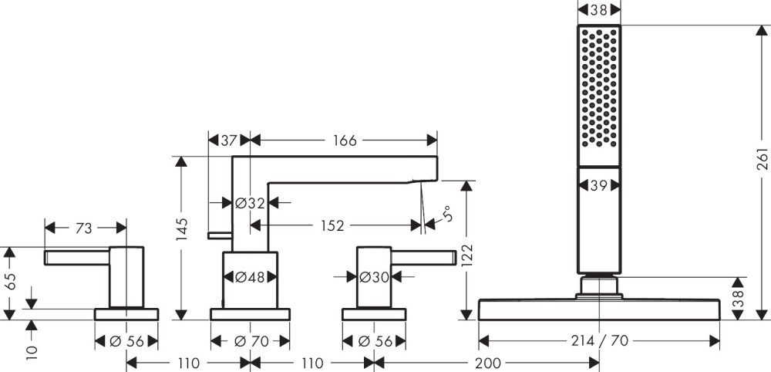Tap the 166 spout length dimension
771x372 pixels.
tap(345, 140)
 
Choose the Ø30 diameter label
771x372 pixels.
tap(375, 277)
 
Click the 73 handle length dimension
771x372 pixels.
tap(85, 228)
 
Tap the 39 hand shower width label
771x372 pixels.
tap(598, 186)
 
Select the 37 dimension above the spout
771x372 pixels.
tap(228, 140)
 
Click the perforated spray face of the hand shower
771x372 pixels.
tap(598, 86)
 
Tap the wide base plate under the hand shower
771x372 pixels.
tap(599, 309)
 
